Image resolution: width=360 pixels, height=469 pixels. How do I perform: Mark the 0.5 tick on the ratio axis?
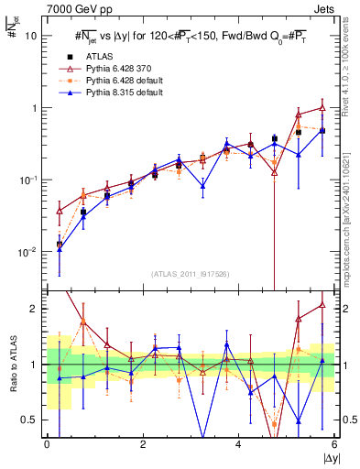(x=30, y=420)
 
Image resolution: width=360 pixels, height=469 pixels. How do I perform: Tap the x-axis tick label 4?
(x=238, y=444)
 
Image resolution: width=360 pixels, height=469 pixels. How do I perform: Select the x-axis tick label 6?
(x=333, y=444)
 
